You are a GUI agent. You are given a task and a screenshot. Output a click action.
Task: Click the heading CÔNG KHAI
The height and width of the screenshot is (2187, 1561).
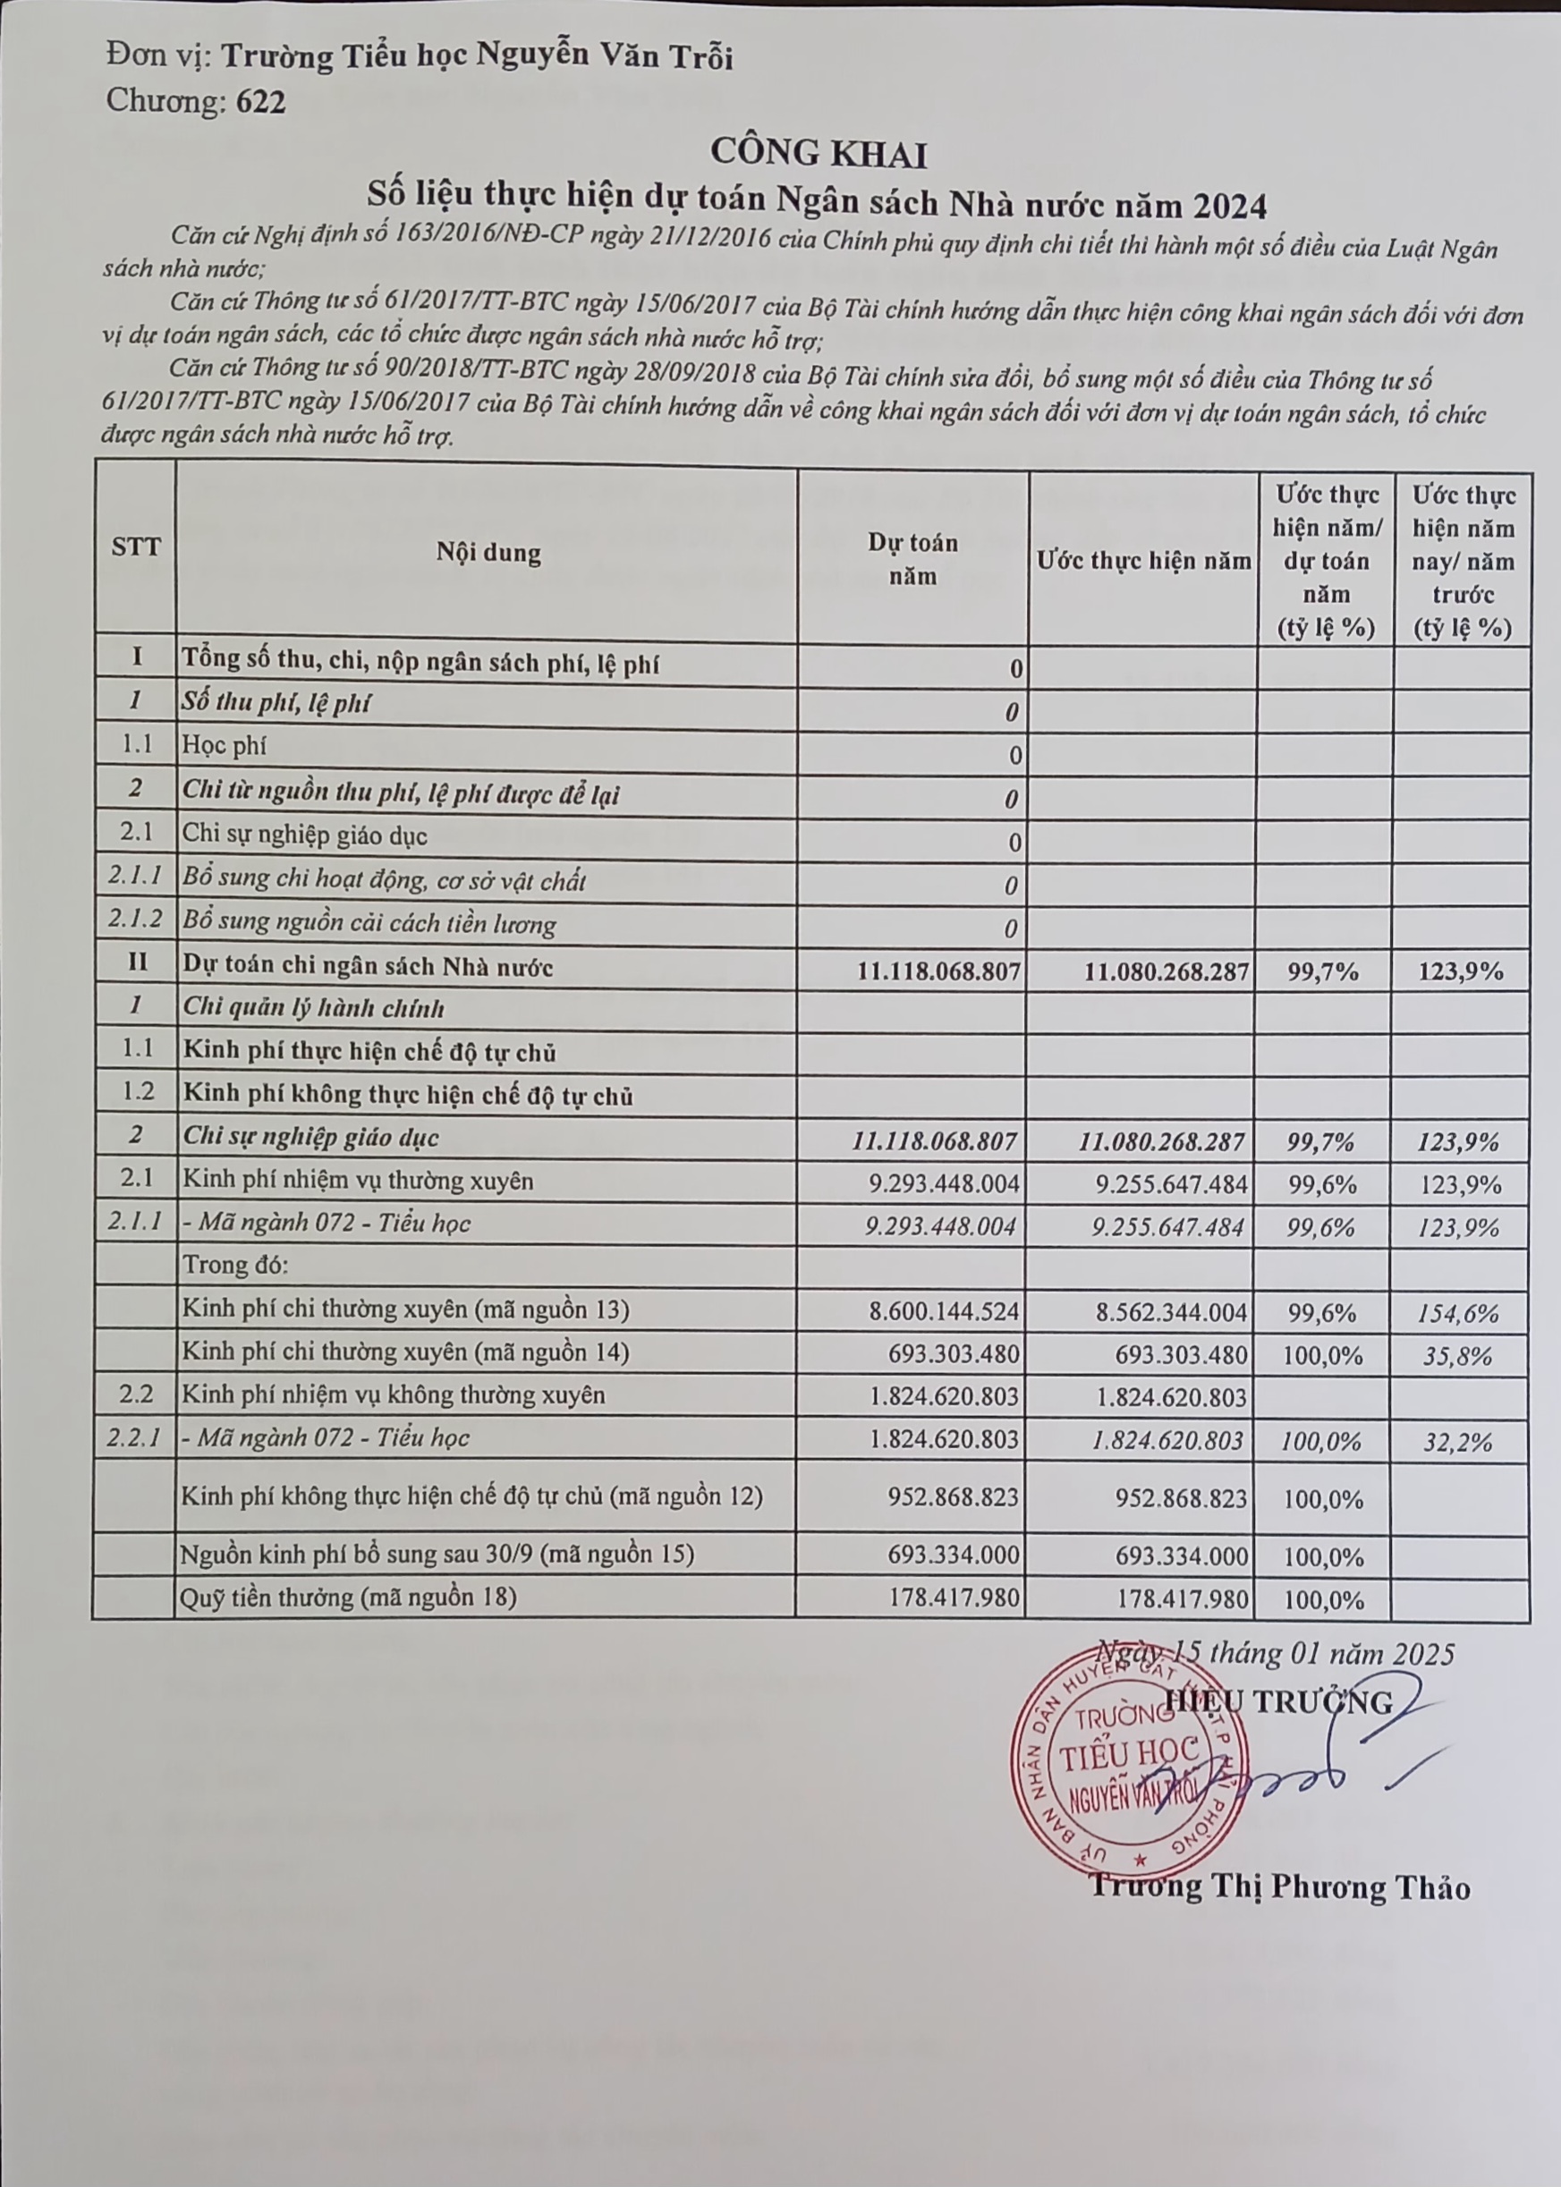[x=818, y=153]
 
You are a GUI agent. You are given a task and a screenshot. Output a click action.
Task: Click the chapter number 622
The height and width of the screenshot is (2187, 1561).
[x=260, y=102]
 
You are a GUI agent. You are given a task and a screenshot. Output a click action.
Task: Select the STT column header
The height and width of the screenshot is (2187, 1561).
[x=136, y=547]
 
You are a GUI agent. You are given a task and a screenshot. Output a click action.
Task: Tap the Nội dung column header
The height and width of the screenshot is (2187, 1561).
[x=488, y=553]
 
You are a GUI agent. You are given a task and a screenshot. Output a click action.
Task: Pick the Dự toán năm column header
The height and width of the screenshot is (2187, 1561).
[x=912, y=559]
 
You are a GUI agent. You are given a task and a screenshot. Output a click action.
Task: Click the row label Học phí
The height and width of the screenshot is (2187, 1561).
[x=225, y=746]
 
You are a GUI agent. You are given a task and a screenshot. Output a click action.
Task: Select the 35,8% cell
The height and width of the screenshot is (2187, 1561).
[x=1458, y=1357]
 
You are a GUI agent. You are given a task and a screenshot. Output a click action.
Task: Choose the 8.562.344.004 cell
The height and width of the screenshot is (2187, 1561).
[x=1171, y=1312]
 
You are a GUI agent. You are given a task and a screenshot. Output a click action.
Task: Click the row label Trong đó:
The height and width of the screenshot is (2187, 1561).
[x=235, y=1266]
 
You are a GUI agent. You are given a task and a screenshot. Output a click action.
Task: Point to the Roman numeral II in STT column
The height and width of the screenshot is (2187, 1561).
[x=137, y=963]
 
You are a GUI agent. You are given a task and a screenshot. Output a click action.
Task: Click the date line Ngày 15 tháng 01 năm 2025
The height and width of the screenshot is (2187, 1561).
[x=1277, y=1653]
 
